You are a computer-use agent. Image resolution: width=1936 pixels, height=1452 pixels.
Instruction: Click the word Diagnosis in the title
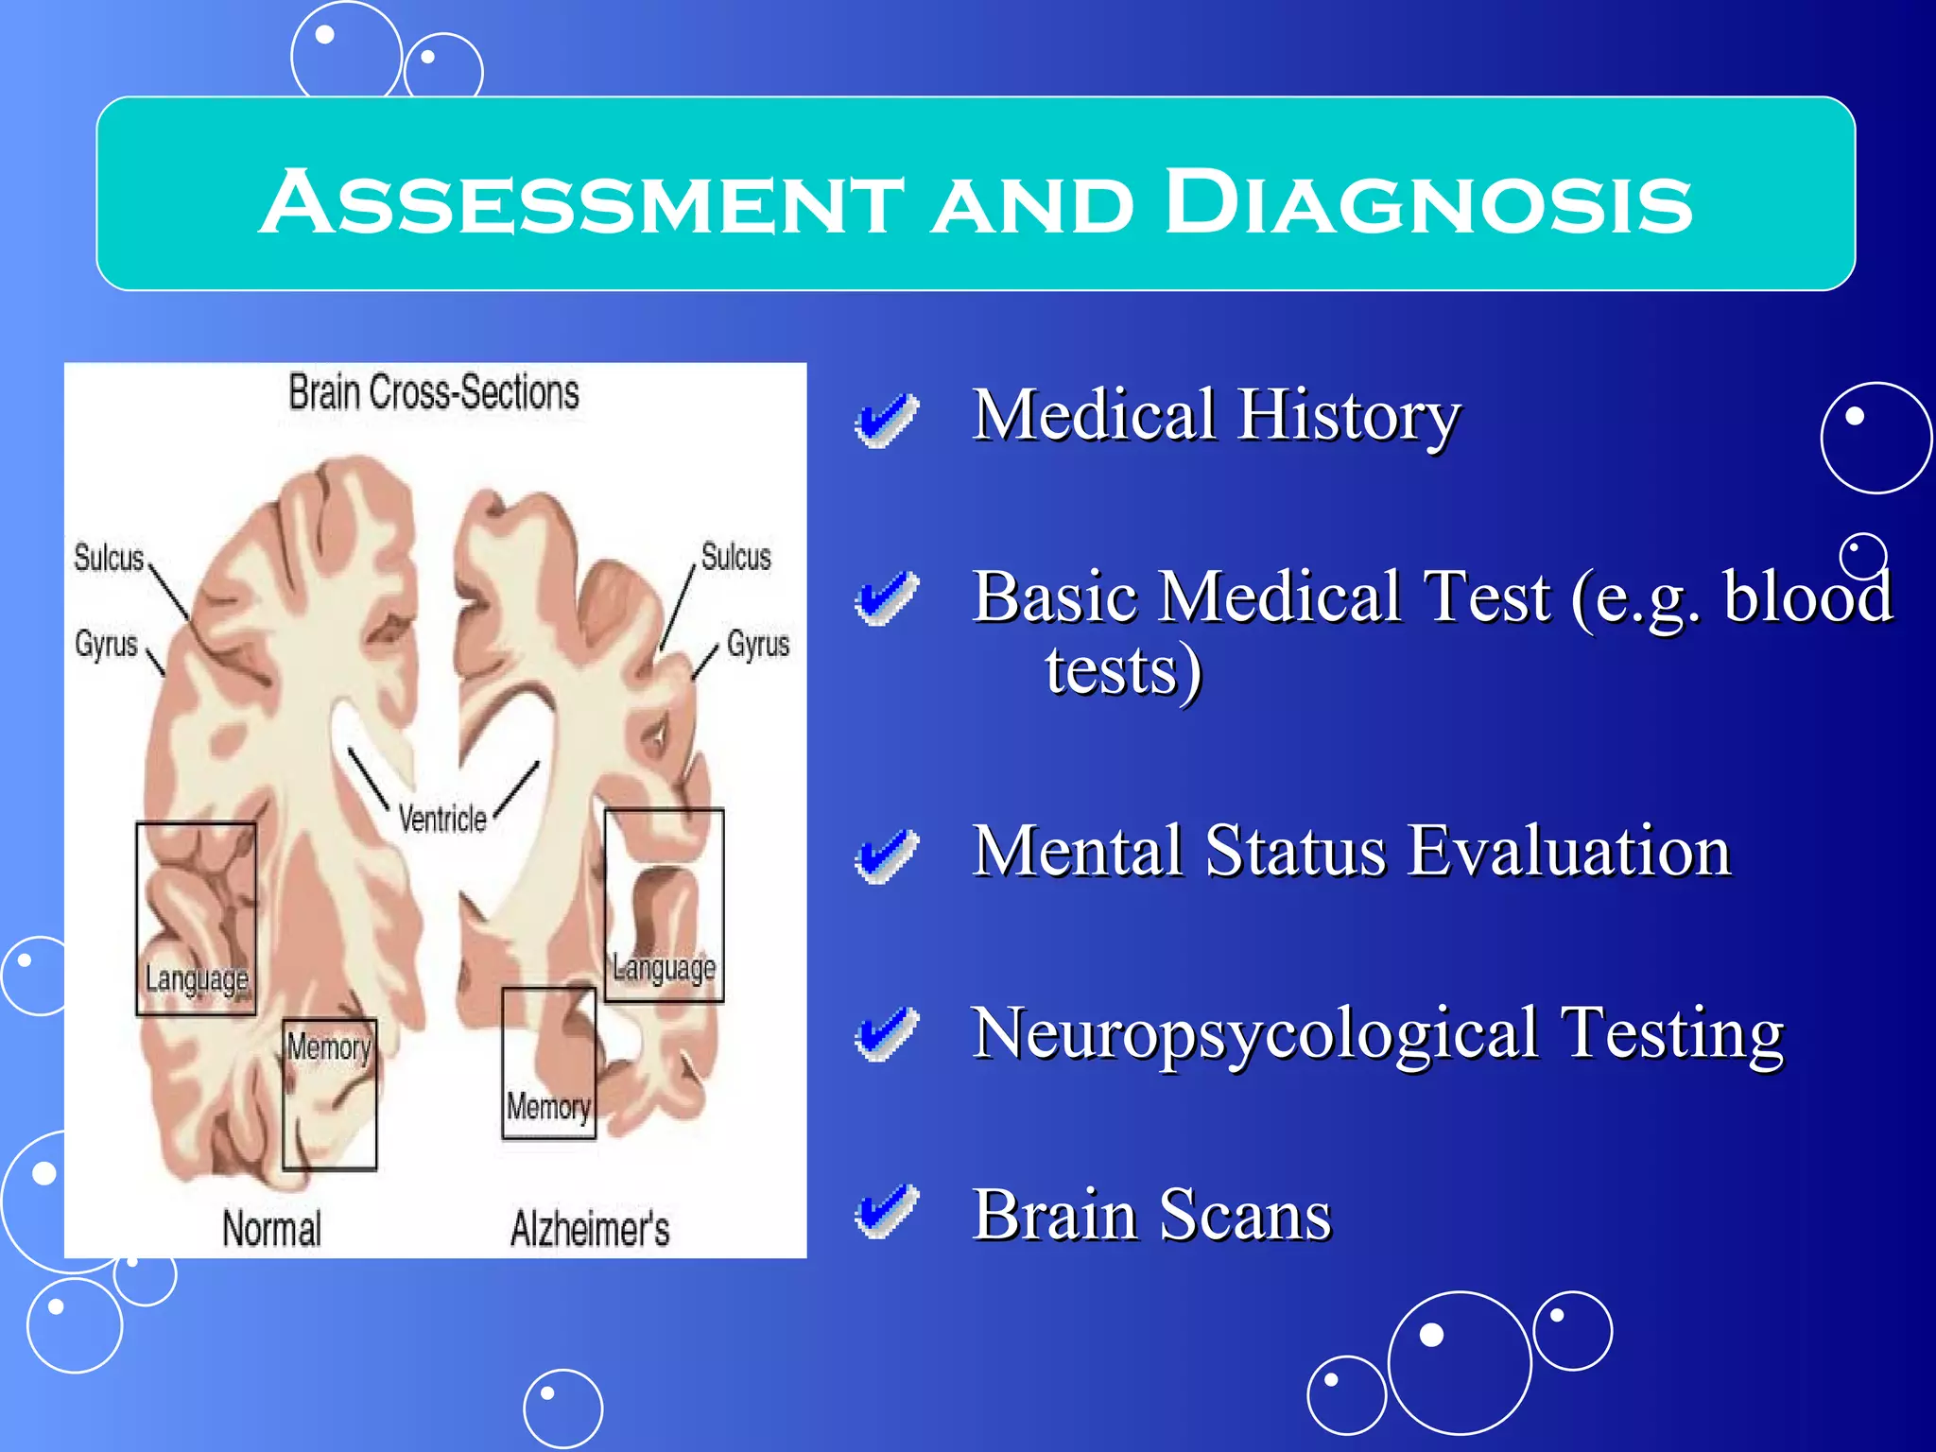pyautogui.click(x=1427, y=203)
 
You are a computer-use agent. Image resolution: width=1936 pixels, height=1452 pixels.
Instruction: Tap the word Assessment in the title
pyautogui.click(x=581, y=203)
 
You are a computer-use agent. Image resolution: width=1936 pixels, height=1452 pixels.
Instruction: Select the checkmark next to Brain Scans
pyautogui.click(x=886, y=1211)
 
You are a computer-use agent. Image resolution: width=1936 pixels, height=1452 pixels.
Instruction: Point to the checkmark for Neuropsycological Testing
pyautogui.click(x=886, y=1034)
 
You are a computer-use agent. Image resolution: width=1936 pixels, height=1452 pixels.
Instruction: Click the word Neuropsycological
pyautogui.click(x=1255, y=1034)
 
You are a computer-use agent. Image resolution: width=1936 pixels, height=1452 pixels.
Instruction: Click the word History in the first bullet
pyautogui.click(x=1350, y=416)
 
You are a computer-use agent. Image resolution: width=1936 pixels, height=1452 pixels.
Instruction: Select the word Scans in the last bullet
pyautogui.click(x=1246, y=1214)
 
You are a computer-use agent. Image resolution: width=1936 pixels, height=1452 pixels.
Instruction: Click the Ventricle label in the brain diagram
pyautogui.click(x=442, y=819)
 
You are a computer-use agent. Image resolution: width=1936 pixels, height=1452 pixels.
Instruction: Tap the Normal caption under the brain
pyautogui.click(x=272, y=1229)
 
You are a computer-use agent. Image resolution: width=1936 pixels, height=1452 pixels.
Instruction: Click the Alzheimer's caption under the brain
pyautogui.click(x=590, y=1229)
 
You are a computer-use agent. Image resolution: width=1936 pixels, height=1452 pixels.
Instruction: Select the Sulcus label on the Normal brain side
pyautogui.click(x=109, y=558)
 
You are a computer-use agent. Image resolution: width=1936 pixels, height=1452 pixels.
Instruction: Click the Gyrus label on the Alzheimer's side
pyautogui.click(x=758, y=645)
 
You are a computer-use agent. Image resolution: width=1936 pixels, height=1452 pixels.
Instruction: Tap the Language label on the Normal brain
pyautogui.click(x=197, y=978)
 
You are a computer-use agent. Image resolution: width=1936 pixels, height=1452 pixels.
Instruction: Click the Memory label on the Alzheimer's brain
pyautogui.click(x=548, y=1106)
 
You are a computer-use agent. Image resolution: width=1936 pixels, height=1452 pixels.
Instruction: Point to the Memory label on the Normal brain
pyautogui.click(x=329, y=1047)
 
